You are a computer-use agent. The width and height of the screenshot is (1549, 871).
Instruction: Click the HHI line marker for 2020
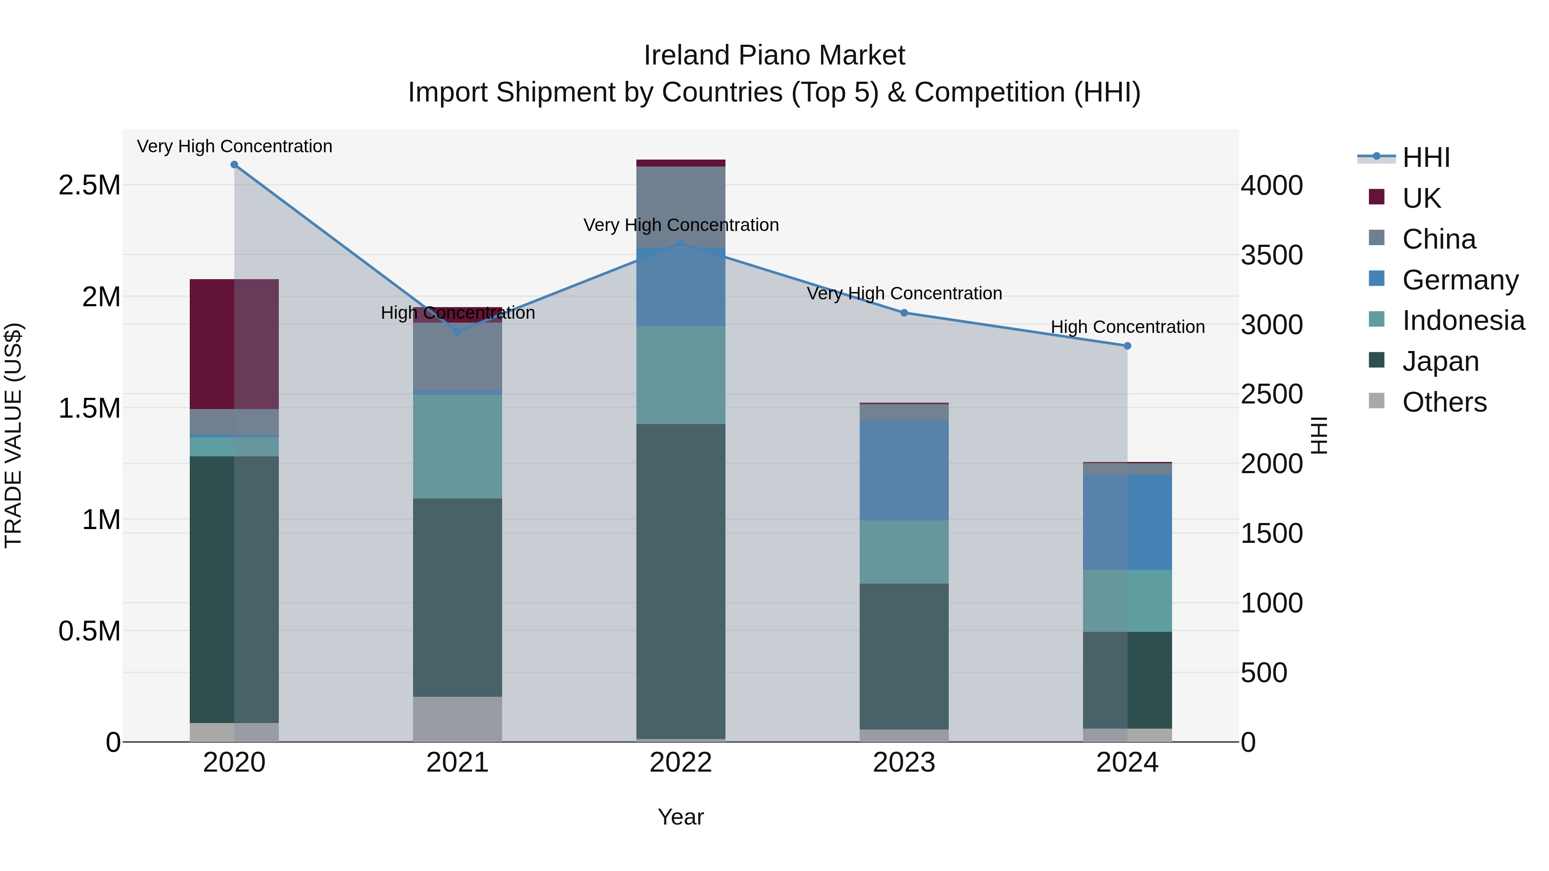pyautogui.click(x=235, y=165)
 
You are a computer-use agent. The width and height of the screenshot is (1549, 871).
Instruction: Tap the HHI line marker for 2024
pyautogui.click(x=1127, y=346)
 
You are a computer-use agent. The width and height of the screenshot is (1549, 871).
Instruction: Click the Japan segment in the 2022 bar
pyautogui.click(x=681, y=581)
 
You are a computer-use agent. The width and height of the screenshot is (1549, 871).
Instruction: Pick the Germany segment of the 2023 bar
pyautogui.click(x=904, y=470)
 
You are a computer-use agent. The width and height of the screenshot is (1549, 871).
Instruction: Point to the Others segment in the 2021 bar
pyautogui.click(x=458, y=719)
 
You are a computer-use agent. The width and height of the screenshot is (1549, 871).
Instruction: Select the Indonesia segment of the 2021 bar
pyautogui.click(x=458, y=446)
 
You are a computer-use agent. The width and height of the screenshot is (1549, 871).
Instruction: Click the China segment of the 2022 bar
pyautogui.click(x=681, y=207)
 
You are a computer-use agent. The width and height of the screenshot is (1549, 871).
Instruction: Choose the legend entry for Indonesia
pyautogui.click(x=1463, y=320)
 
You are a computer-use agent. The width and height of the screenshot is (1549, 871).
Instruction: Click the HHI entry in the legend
pyautogui.click(x=1425, y=157)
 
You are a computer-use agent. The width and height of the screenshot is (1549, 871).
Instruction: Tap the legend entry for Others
pyautogui.click(x=1443, y=402)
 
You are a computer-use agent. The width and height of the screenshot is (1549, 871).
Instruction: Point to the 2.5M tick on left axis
pyautogui.click(x=89, y=185)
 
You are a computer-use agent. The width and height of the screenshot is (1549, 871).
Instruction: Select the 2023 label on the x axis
pyautogui.click(x=904, y=763)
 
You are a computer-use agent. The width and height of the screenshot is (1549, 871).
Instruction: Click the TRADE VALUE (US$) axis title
pyautogui.click(x=13, y=435)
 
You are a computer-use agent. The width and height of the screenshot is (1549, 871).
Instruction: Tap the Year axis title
pyautogui.click(x=681, y=817)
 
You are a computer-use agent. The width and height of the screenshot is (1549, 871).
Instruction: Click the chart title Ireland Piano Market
pyautogui.click(x=774, y=55)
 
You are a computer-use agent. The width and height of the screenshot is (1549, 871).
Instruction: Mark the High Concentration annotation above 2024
pyautogui.click(x=1127, y=327)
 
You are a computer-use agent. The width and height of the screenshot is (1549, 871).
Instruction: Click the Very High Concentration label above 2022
pyautogui.click(x=681, y=225)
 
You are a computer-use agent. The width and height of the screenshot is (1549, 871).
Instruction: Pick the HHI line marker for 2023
pyautogui.click(x=904, y=313)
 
